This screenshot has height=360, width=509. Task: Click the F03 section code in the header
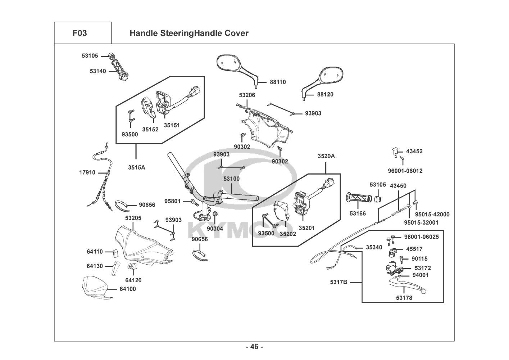pyautogui.click(x=79, y=33)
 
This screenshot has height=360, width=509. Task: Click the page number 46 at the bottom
pyautogui.click(x=254, y=347)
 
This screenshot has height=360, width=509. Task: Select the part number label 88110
pyautogui.click(x=278, y=82)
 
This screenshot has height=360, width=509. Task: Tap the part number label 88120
pyautogui.click(x=325, y=94)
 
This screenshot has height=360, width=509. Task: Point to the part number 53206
pyautogui.click(x=247, y=95)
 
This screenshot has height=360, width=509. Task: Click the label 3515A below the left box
pyautogui.click(x=136, y=167)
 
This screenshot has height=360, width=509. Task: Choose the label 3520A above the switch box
pyautogui.click(x=326, y=156)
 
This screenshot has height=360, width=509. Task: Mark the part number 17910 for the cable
pyautogui.click(x=87, y=172)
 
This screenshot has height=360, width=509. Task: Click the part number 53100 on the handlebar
pyautogui.click(x=231, y=179)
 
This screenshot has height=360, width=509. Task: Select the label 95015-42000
pyautogui.click(x=432, y=214)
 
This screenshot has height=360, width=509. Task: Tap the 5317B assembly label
pyautogui.click(x=338, y=282)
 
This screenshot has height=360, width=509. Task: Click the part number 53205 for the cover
pyautogui.click(x=133, y=218)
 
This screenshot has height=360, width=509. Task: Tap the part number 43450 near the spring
pyautogui.click(x=398, y=186)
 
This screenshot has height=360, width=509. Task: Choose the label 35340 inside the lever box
pyautogui.click(x=374, y=247)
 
